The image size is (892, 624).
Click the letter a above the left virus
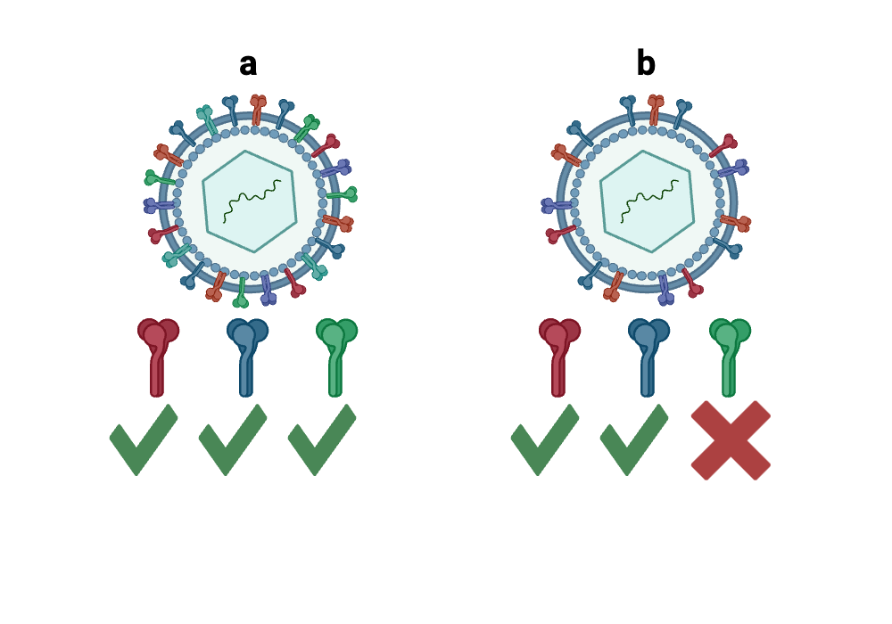pyautogui.click(x=248, y=64)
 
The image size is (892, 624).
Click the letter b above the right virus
pyautogui.click(x=646, y=64)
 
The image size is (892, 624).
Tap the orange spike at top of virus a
pyautogui.click(x=258, y=110)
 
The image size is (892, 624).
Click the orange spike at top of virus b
pyautogui.click(x=656, y=110)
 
